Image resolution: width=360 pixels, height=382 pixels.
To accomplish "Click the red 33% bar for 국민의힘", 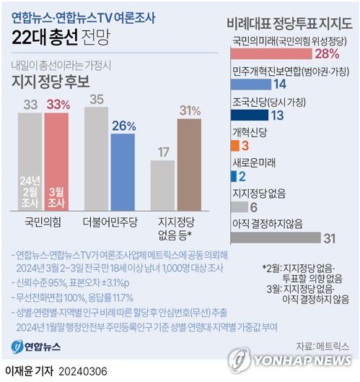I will pyautogui.click(x=63, y=159).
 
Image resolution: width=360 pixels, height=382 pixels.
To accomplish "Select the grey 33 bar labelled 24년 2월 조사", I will pyautogui.click(x=30, y=159).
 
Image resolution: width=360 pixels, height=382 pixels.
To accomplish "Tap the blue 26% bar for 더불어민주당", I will pyautogui.click(x=123, y=170).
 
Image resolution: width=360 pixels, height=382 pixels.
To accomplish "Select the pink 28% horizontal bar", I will pyautogui.click(x=271, y=53).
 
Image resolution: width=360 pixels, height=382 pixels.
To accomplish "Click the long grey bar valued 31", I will pyautogui.click(x=275, y=237).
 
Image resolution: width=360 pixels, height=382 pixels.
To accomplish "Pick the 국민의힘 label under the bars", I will pyautogui.click(x=45, y=220).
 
